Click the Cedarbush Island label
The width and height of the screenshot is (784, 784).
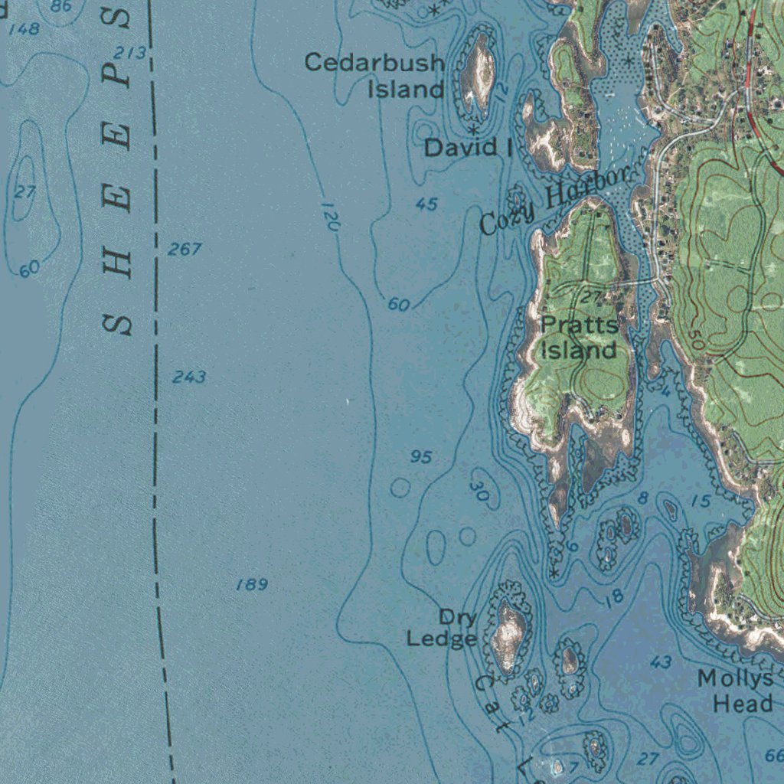click(375, 75)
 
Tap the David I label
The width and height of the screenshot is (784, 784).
click(469, 148)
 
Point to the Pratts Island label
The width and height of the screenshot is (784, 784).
click(579, 338)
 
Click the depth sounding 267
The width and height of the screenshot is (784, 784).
click(185, 249)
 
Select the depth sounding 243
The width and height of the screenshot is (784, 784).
click(188, 377)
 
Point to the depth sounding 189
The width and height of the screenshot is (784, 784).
click(252, 585)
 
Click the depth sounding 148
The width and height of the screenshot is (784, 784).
click(24, 29)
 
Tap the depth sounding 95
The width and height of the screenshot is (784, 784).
click(421, 457)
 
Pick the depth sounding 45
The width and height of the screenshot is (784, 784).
click(426, 204)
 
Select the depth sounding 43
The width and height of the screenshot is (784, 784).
click(661, 662)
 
